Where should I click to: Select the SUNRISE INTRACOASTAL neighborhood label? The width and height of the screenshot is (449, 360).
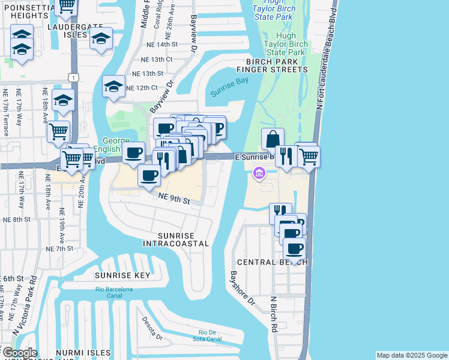pyautogui.click(x=176, y=239)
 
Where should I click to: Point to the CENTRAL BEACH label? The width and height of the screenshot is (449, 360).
pyautogui.click(x=273, y=262)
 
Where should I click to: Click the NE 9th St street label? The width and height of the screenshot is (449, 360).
pyautogui.click(x=174, y=199)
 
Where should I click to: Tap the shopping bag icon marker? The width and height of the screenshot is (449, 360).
pyautogui.click(x=273, y=138)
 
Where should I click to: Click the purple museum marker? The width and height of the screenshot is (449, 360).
pyautogui.click(x=259, y=173)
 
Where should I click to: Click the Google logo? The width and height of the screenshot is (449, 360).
pyautogui.click(x=19, y=353)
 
